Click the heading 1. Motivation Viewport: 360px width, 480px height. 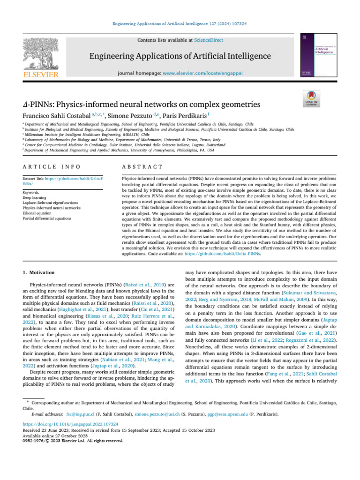(x=38, y=272)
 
